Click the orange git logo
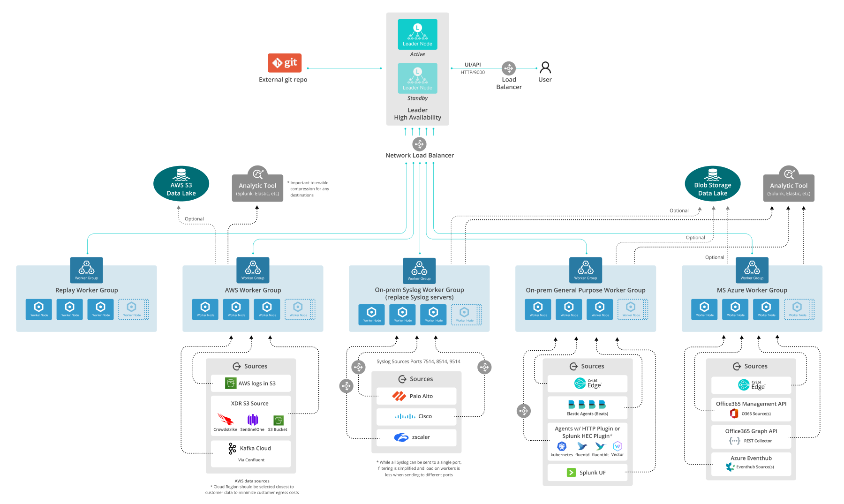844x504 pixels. point(285,63)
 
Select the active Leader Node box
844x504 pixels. point(417,34)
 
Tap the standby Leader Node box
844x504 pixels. point(417,78)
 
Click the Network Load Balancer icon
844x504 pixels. point(419,144)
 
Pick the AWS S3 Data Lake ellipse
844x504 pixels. point(181,184)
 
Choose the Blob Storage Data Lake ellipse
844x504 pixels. point(712,184)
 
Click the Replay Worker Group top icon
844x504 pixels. point(86,270)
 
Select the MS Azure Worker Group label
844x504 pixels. point(752,290)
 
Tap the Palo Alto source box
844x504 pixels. point(416,396)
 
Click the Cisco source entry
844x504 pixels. point(416,416)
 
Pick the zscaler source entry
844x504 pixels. point(416,437)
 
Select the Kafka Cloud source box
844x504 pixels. point(250,453)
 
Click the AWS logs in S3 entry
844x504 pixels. point(250,383)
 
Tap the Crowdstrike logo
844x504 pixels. point(225,419)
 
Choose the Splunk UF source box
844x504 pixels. point(587,473)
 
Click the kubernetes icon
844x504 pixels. point(561,446)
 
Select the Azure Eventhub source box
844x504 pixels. point(751,463)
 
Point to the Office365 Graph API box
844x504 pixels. point(751,436)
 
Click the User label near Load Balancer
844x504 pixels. point(545,80)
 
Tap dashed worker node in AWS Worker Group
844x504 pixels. point(299,309)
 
